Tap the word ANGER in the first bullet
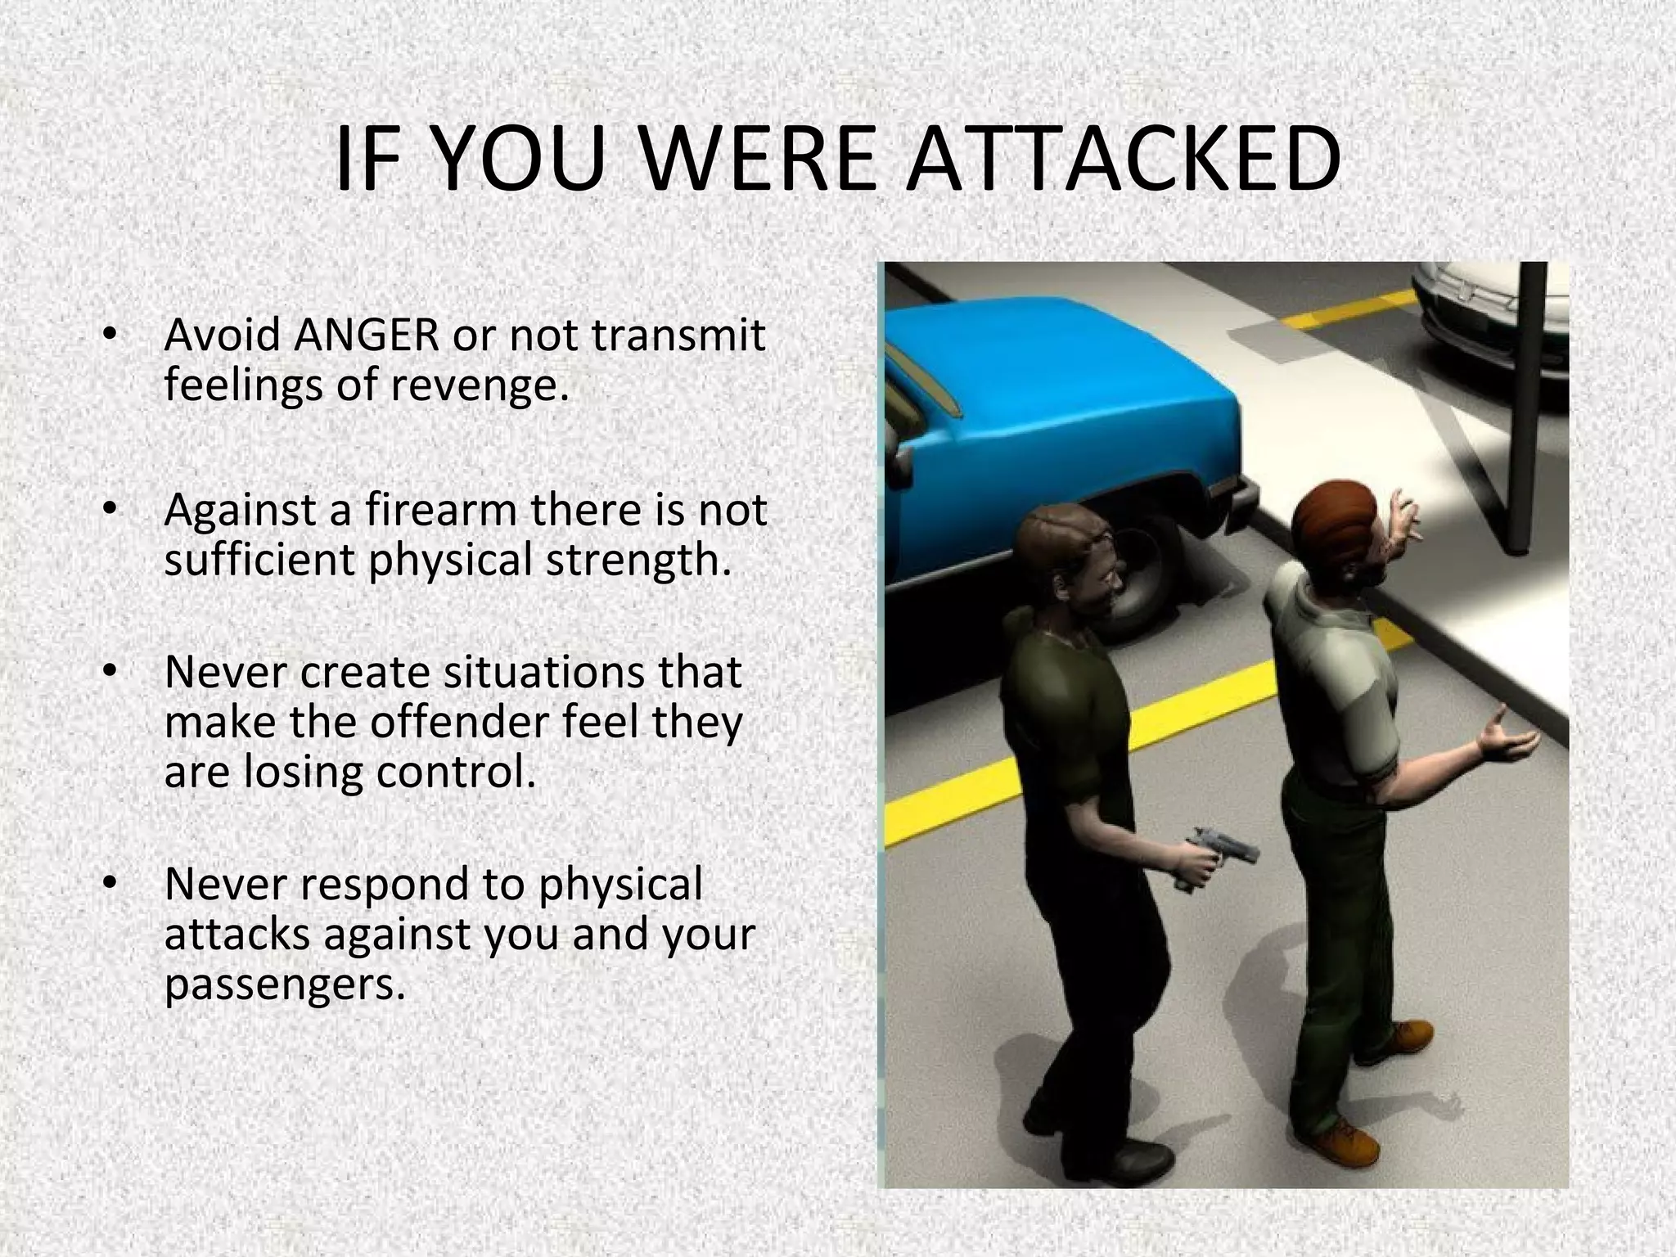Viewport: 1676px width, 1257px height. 367,335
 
